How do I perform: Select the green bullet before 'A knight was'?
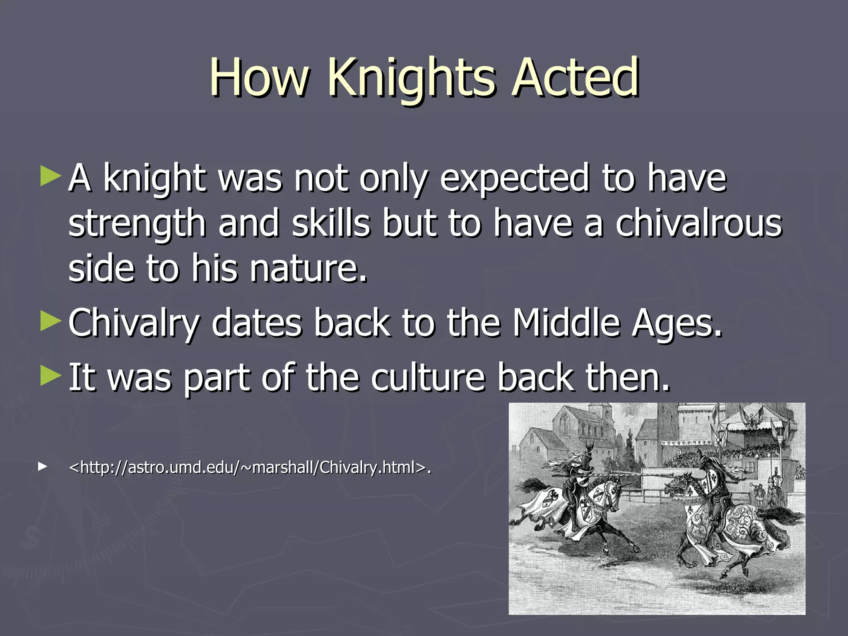(51, 176)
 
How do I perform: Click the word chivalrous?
(699, 224)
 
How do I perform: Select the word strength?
(137, 224)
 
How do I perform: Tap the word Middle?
(566, 323)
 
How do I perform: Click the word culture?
(428, 377)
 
